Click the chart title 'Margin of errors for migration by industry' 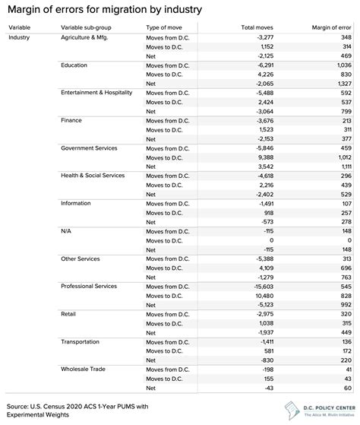[x=106, y=10]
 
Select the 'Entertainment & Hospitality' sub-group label [x=101, y=92]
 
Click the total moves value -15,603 [x=259, y=286]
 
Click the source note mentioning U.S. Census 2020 [x=65, y=407]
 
